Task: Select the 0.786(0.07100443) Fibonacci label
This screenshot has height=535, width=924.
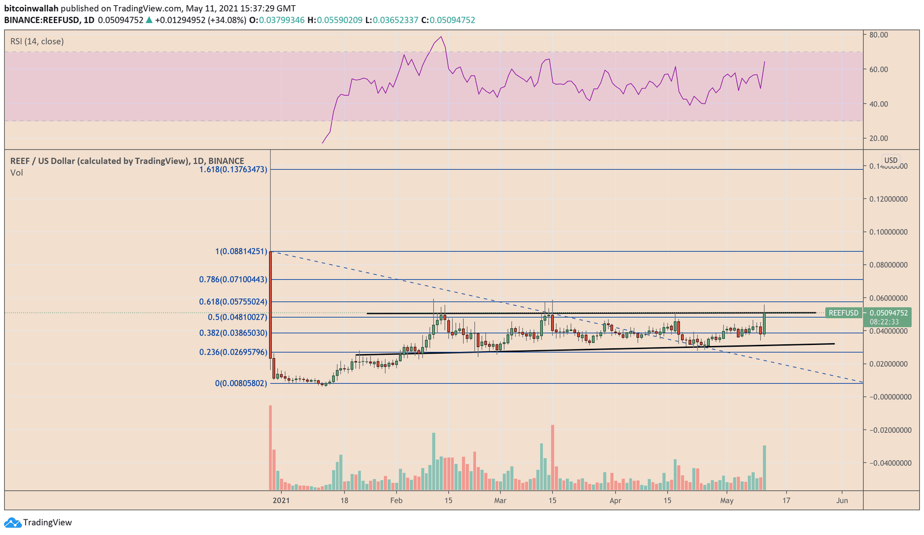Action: coord(233,280)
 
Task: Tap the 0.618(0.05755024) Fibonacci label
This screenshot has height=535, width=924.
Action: coord(233,302)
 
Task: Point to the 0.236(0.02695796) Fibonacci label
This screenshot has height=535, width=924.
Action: coord(233,352)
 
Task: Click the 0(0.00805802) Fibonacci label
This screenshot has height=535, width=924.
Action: coord(241,383)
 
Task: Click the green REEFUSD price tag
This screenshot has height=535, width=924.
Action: coord(844,313)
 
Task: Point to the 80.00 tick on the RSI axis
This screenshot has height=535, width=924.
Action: coord(878,35)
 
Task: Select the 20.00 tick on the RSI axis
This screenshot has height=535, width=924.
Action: coord(878,139)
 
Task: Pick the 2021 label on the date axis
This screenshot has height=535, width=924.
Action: coord(281,500)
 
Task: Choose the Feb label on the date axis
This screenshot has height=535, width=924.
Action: coord(396,500)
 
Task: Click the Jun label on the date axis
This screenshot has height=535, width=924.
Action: coord(842,500)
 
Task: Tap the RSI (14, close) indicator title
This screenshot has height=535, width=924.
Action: coord(37,42)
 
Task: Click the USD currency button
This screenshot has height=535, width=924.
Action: coord(891,160)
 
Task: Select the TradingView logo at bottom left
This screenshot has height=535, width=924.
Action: coord(39,523)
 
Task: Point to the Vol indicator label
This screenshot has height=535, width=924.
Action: coord(16,173)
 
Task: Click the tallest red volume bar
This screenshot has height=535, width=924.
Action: coord(270,448)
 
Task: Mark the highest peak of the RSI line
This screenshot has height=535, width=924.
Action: coord(442,37)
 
